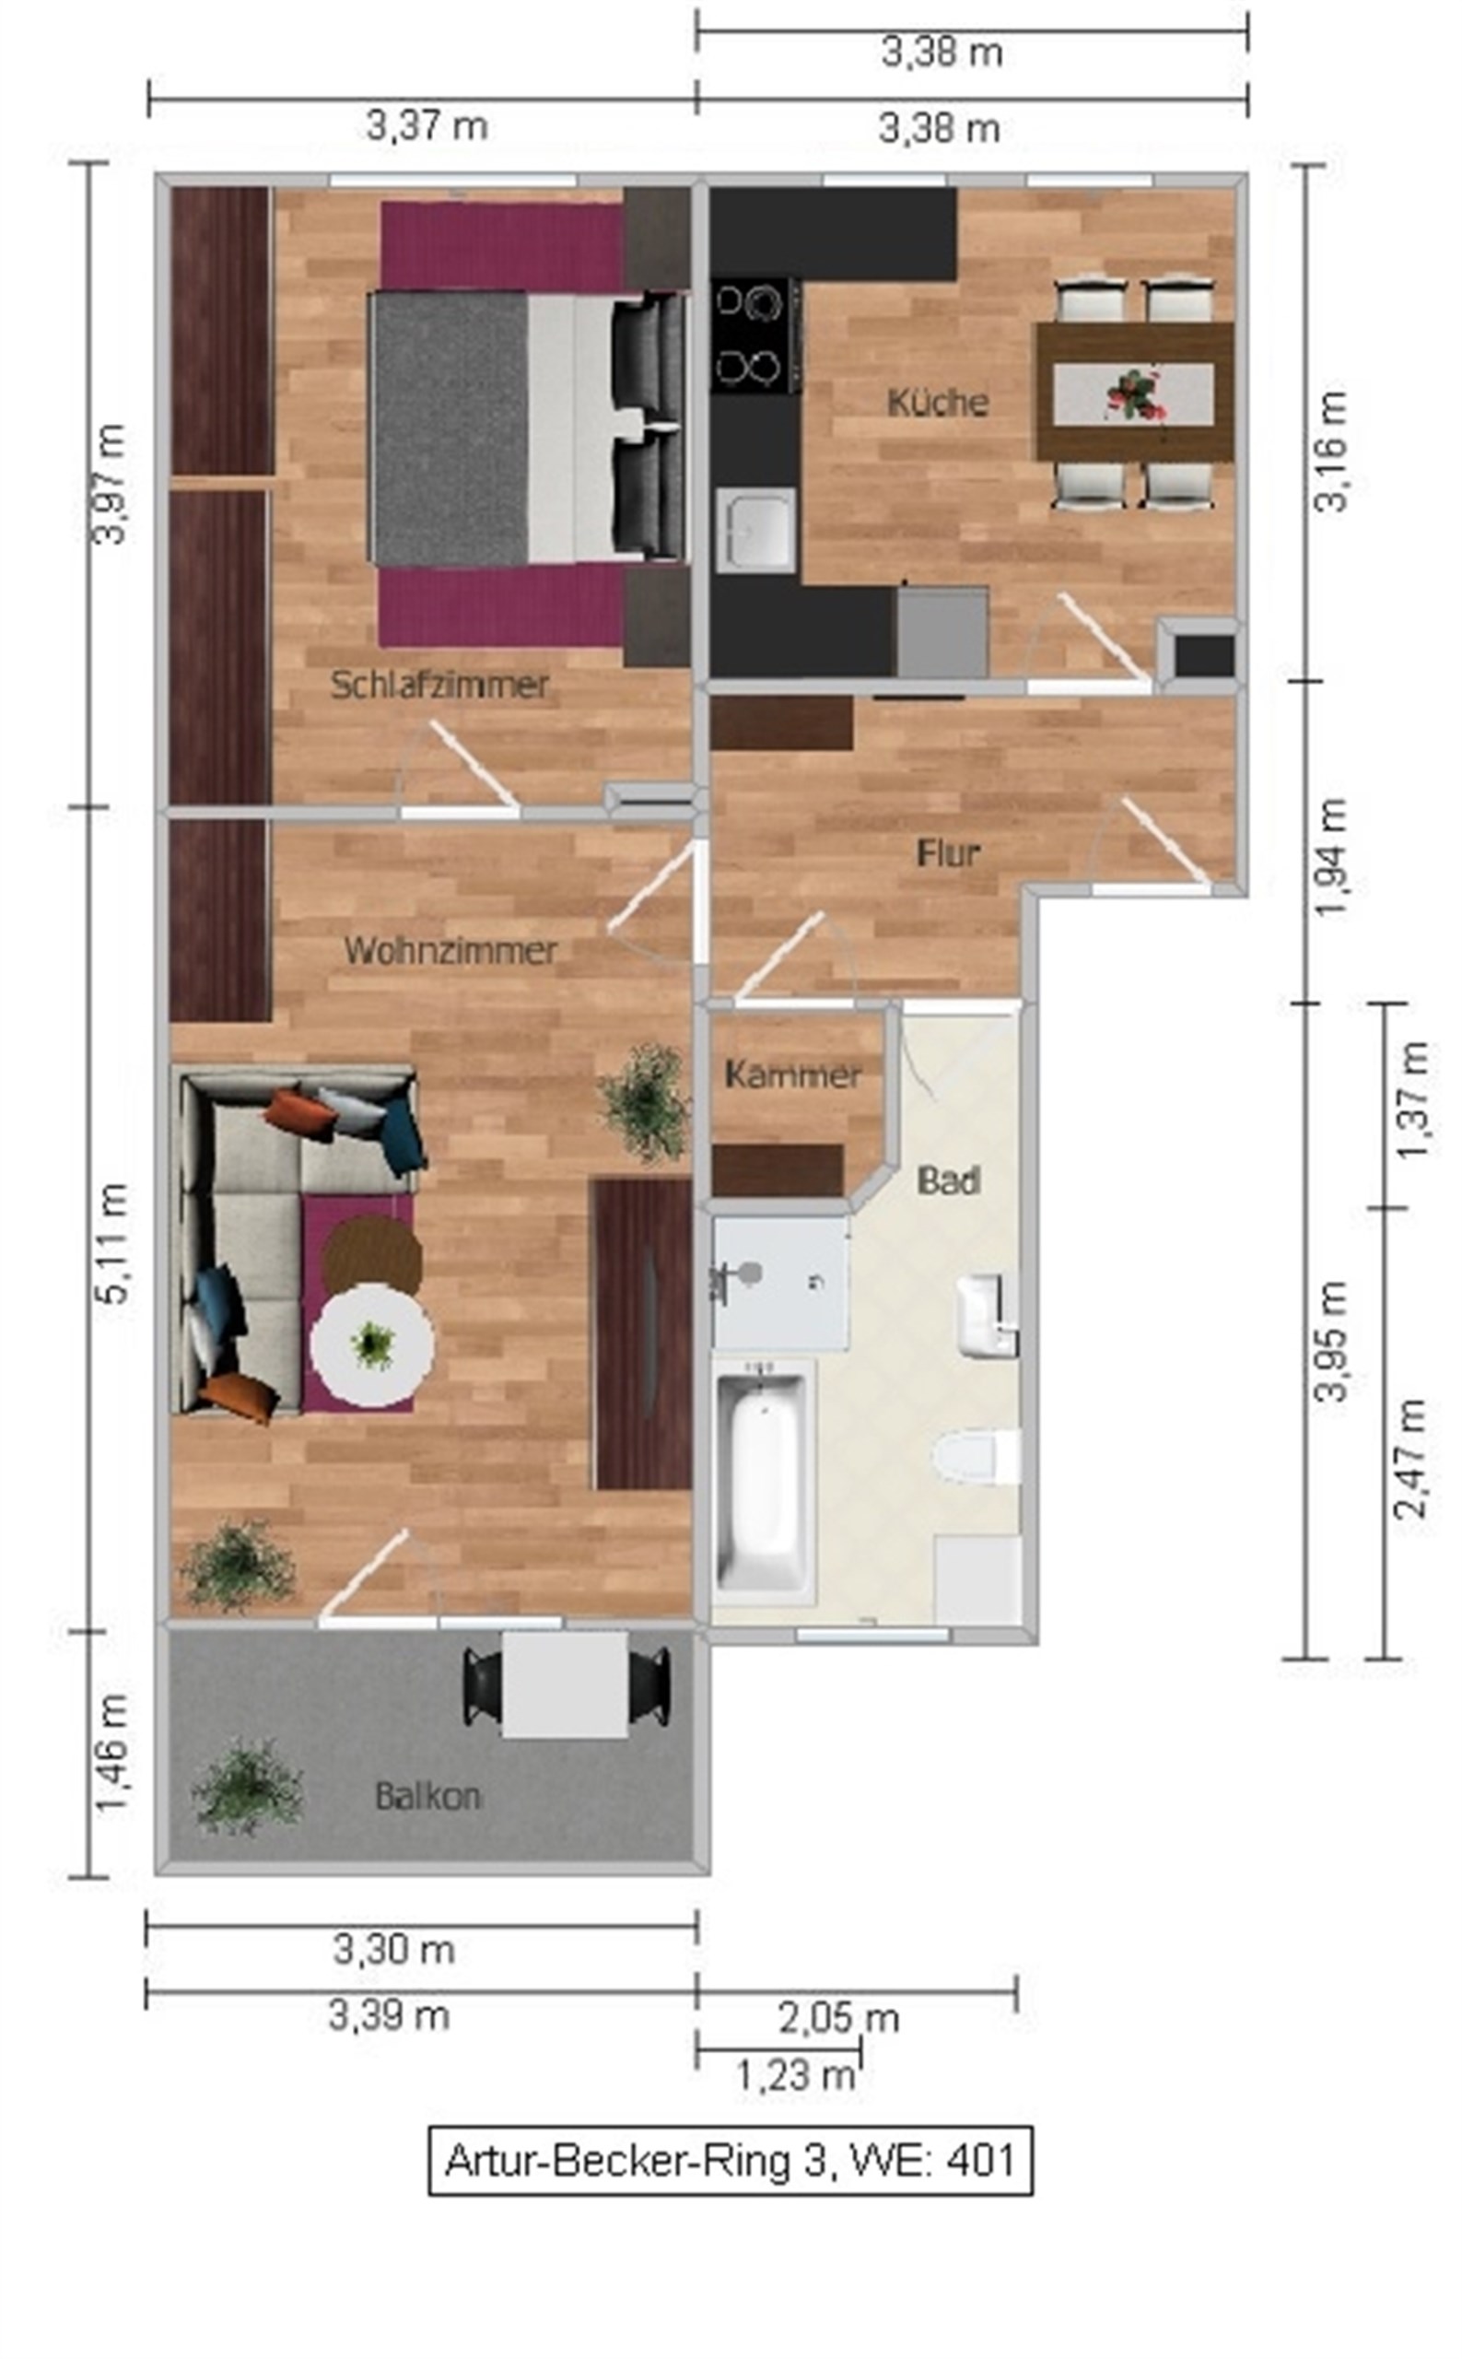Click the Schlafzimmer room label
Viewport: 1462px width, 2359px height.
point(439,685)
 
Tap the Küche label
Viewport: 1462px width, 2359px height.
point(937,402)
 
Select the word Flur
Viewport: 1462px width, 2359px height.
point(948,852)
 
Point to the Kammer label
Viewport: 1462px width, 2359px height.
point(792,1074)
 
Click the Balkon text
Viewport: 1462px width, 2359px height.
point(427,1796)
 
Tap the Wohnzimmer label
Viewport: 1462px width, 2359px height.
point(450,950)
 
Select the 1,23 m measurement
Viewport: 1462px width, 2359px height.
point(796,2074)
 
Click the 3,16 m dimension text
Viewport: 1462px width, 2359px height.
point(1331,451)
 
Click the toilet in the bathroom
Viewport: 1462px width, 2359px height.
point(977,1455)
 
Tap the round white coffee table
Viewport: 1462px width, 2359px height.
point(372,1345)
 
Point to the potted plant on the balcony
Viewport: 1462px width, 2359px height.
point(247,1789)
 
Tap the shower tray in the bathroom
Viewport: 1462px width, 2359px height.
point(781,1283)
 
